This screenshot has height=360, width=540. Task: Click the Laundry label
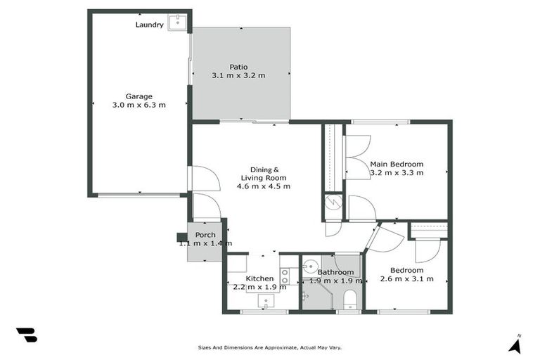click(149, 25)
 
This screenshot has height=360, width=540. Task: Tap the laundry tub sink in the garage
click(179, 22)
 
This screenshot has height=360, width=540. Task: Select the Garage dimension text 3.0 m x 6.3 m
click(139, 105)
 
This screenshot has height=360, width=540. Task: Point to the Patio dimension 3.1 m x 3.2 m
click(238, 75)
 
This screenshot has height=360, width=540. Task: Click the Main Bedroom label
click(397, 164)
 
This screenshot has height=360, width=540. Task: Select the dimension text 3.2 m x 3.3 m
click(397, 173)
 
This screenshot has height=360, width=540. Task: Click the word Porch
click(205, 235)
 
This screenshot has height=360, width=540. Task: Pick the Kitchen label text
click(259, 278)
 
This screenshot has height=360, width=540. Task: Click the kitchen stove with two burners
click(285, 276)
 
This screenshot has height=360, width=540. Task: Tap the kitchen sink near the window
click(266, 302)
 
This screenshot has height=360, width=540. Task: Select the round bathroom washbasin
click(311, 268)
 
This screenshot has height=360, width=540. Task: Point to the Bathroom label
click(335, 272)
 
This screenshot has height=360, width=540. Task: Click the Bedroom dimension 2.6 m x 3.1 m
click(406, 279)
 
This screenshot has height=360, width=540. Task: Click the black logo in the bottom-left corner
click(26, 335)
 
